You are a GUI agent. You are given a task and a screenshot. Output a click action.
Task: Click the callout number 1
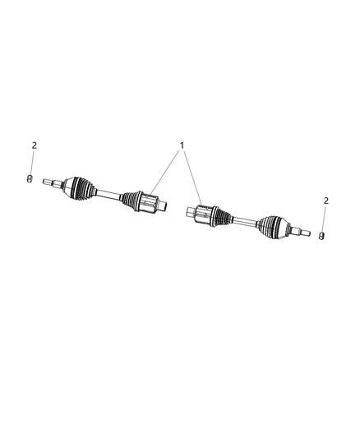182,145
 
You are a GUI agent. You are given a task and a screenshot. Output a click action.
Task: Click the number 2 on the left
34,145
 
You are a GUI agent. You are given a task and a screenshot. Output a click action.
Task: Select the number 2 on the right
326,201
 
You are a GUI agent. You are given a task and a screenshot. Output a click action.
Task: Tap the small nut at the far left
30,178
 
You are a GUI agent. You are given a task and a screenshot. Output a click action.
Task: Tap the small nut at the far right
322,237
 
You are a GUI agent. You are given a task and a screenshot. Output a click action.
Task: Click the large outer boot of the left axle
81,187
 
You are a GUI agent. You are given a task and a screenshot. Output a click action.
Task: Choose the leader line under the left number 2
32,162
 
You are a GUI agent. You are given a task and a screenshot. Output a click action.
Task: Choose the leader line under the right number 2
325,219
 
